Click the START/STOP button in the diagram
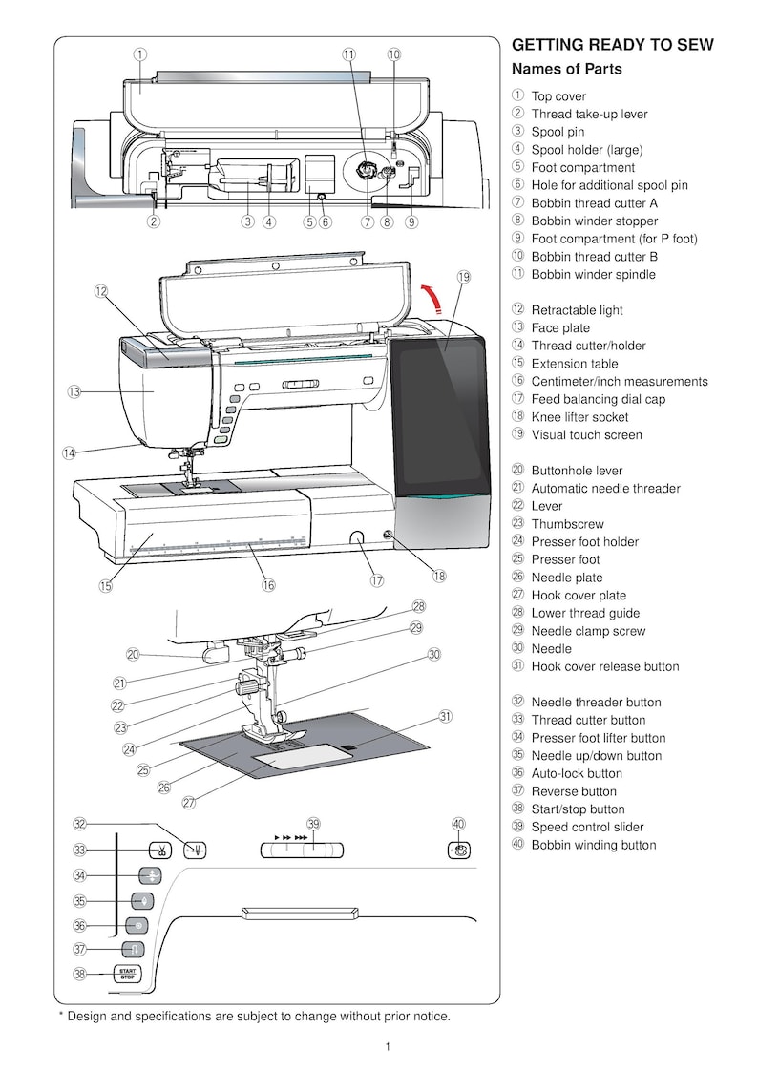click(126, 975)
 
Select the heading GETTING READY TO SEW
click(613, 45)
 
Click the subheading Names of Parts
click(567, 69)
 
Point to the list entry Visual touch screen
click(586, 434)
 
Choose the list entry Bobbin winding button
click(593, 845)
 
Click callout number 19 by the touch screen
click(464, 277)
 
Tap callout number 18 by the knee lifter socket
click(438, 576)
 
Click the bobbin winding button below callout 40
click(459, 850)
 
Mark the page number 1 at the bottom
click(387, 1047)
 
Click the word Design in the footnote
click(89, 1016)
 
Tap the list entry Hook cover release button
click(605, 666)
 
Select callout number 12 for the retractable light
click(100, 291)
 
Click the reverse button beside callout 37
click(126, 950)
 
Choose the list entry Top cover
click(558, 96)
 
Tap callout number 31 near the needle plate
click(445, 716)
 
